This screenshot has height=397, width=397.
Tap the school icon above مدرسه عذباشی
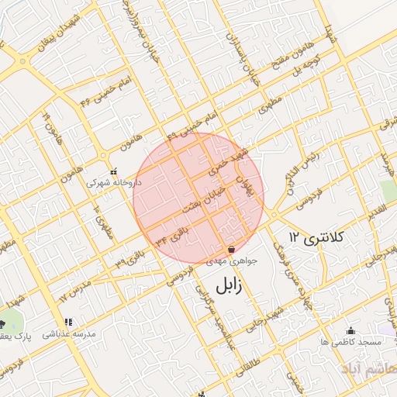point(68,322)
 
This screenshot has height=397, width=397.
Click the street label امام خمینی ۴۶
point(98,91)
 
